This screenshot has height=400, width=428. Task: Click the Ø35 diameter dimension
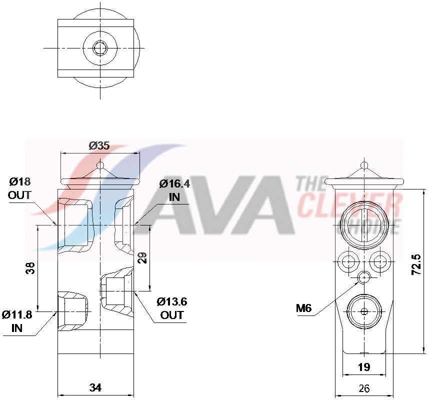[99, 146]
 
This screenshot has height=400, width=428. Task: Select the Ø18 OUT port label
[19, 188]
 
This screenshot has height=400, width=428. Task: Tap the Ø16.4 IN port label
[174, 190]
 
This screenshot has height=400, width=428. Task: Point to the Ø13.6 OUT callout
[171, 308]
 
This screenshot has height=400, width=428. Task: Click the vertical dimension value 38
[30, 268]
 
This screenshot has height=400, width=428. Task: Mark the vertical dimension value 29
[142, 258]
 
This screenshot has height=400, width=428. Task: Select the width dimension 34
[96, 387]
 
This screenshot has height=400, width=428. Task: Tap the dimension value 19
[364, 367]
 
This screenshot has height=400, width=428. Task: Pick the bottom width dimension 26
[364, 387]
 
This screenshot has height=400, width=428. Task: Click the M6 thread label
[303, 308]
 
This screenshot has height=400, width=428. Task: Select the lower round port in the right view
[364, 311]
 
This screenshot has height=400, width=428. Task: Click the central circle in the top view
[100, 48]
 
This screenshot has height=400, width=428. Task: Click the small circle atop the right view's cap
[364, 164]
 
